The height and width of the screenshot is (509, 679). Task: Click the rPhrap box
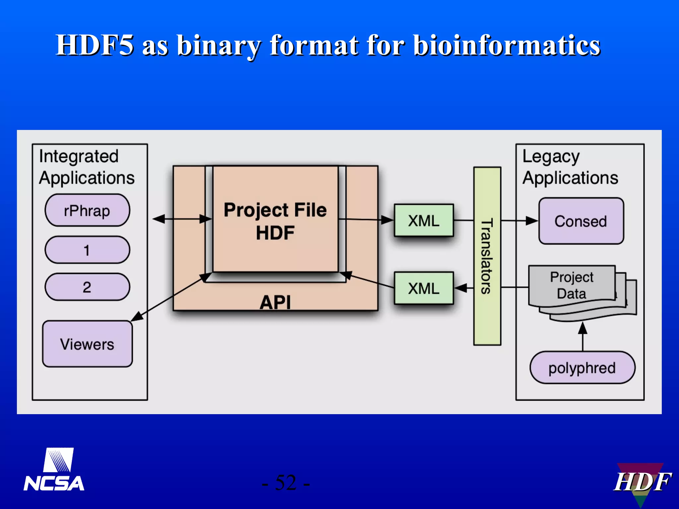[x=87, y=211]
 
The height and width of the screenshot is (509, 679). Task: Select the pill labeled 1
[x=87, y=250]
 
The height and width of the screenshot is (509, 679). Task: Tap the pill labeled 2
[x=87, y=287]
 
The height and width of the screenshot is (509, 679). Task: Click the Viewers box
[x=87, y=344]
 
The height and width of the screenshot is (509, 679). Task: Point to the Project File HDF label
[x=275, y=221]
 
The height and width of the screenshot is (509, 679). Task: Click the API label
[x=275, y=302]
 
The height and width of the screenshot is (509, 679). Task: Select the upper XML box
[x=424, y=221]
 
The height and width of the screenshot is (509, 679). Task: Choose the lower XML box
[x=424, y=288]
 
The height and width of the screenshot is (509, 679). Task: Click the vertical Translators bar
[x=487, y=256]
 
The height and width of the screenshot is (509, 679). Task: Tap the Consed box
[x=581, y=221]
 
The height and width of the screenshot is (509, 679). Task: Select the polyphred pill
[x=582, y=368]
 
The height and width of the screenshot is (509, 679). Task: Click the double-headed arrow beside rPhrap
[x=182, y=219]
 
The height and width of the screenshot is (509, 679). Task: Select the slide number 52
[x=285, y=483]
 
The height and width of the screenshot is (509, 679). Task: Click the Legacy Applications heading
[x=570, y=167]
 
